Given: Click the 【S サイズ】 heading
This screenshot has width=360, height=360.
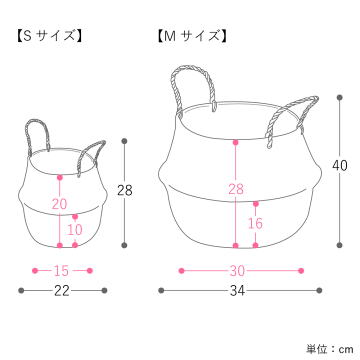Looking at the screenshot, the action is tap(49, 36).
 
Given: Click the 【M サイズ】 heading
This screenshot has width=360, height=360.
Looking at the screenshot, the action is tap(192, 36).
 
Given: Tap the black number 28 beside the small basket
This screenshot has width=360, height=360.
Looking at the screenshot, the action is tap(124, 190).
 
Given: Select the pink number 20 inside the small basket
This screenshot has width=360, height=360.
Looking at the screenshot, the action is tap(59, 204).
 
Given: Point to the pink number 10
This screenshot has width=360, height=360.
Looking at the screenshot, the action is tap(75, 229).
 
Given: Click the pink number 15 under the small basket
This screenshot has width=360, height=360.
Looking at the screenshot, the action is tap(61, 271).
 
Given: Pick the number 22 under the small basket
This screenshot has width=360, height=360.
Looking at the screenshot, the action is tap(62, 291).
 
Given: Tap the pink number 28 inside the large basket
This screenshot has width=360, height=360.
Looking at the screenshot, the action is tap(236, 189).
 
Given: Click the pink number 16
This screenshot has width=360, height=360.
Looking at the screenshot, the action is tap(255, 223).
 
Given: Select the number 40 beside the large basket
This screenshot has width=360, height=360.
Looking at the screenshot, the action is tap(340, 165).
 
